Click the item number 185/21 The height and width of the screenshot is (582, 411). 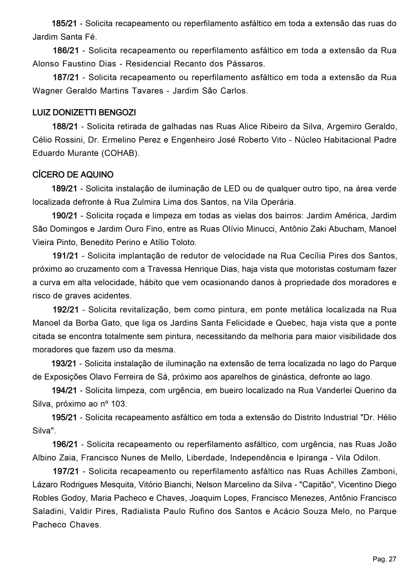[x=64, y=24]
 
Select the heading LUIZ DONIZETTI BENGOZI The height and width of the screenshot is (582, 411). [x=84, y=113]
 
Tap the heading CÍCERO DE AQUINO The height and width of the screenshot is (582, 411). [x=73, y=175]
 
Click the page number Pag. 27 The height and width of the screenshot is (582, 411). [x=384, y=559]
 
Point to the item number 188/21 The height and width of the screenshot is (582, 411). [x=65, y=126]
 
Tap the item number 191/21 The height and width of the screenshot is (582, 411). [x=65, y=256]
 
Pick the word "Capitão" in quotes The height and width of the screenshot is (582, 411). [x=317, y=485]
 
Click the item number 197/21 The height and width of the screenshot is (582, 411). [x=66, y=471]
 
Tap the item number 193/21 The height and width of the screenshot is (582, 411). [x=64, y=363]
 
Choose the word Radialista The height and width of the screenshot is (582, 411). [x=141, y=511]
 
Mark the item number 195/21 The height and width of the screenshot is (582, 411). [x=64, y=418]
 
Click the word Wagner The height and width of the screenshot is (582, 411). [x=48, y=91]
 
